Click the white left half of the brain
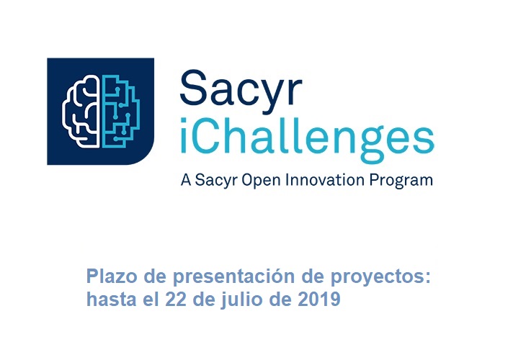click(81, 112)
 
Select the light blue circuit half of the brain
click(120, 112)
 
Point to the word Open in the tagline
click(261, 180)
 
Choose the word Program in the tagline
click(401, 181)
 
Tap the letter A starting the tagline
click(186, 180)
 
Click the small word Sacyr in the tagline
click(216, 181)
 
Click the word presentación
click(233, 277)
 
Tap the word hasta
click(112, 299)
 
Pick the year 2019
click(319, 299)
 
